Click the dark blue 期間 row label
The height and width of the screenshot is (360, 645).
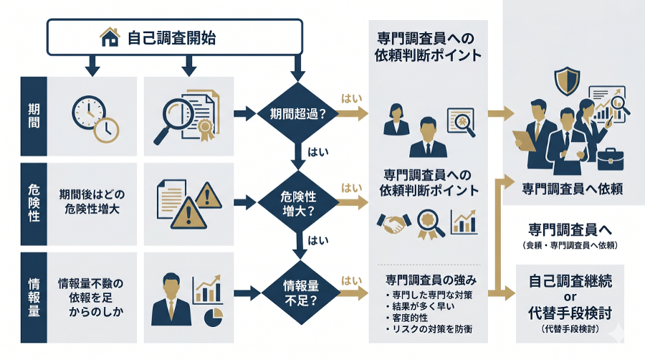tap(34, 113)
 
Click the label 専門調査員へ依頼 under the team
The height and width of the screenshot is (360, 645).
tap(571, 189)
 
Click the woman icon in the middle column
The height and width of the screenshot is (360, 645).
tap(395, 118)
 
